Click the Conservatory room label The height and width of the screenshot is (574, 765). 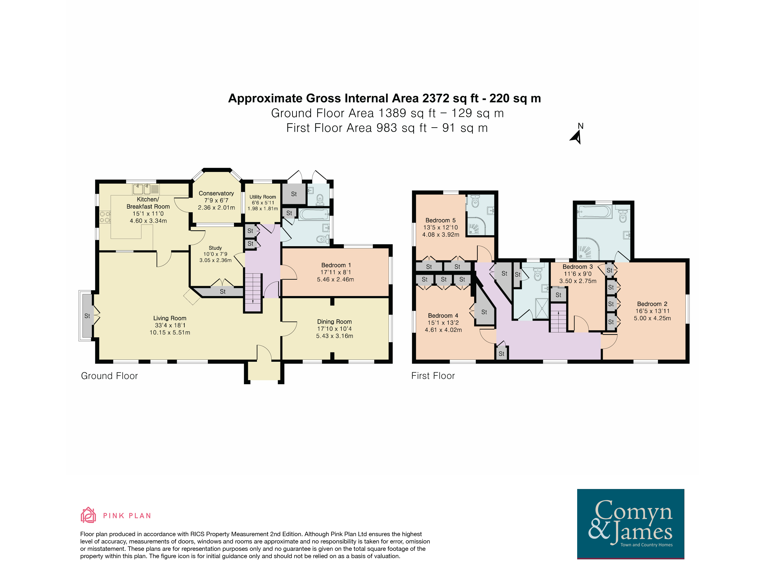tap(216, 193)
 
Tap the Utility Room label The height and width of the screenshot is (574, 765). tap(263, 197)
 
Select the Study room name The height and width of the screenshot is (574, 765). tap(215, 248)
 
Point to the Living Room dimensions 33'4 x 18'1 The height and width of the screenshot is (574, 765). tap(170, 325)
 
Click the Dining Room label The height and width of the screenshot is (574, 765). tap(334, 322)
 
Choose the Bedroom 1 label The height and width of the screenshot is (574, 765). tap(336, 265)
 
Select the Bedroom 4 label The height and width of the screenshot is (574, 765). tap(443, 315)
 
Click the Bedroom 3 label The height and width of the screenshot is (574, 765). tap(578, 266)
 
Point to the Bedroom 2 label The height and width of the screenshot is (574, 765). tap(652, 304)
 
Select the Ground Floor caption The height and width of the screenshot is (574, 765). tap(109, 376)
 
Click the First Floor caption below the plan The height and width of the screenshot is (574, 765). tap(433, 376)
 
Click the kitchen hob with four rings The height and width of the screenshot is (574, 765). tap(105, 217)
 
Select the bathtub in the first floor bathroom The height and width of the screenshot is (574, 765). tap(595, 212)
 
